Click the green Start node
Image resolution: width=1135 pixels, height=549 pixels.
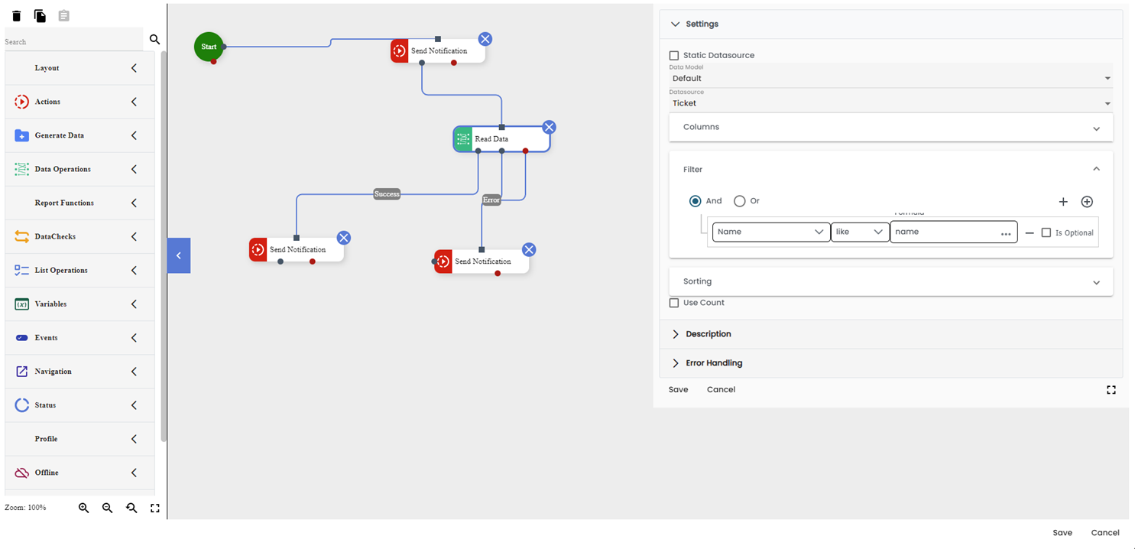[x=209, y=47]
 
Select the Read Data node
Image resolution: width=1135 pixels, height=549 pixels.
[x=501, y=139]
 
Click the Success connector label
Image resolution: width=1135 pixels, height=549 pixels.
[x=387, y=194]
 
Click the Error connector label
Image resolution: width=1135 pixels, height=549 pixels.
[x=491, y=200]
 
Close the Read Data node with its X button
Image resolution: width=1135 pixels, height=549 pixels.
[x=549, y=127]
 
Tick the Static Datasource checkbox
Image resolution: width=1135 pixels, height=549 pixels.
[x=674, y=56]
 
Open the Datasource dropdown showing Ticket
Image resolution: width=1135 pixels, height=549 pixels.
[x=890, y=103]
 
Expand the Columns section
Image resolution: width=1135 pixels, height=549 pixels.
[x=890, y=128]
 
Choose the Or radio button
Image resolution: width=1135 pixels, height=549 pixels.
[x=740, y=201]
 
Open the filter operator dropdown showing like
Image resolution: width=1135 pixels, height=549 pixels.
[x=860, y=232]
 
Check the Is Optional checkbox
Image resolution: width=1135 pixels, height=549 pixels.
[x=1046, y=233]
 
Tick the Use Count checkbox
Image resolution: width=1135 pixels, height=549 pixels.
[x=674, y=303]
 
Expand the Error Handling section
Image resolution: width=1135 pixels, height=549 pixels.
[x=714, y=363]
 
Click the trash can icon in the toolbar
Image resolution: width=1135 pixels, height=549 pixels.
[x=17, y=16]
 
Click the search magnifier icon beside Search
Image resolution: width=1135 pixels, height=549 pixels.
[x=154, y=40]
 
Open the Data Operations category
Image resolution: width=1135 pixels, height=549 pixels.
[x=76, y=169]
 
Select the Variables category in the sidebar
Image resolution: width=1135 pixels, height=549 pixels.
[x=76, y=304]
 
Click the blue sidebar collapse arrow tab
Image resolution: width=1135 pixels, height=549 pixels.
[x=179, y=255]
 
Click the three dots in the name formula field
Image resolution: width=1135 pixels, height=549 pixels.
[x=1006, y=234]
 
